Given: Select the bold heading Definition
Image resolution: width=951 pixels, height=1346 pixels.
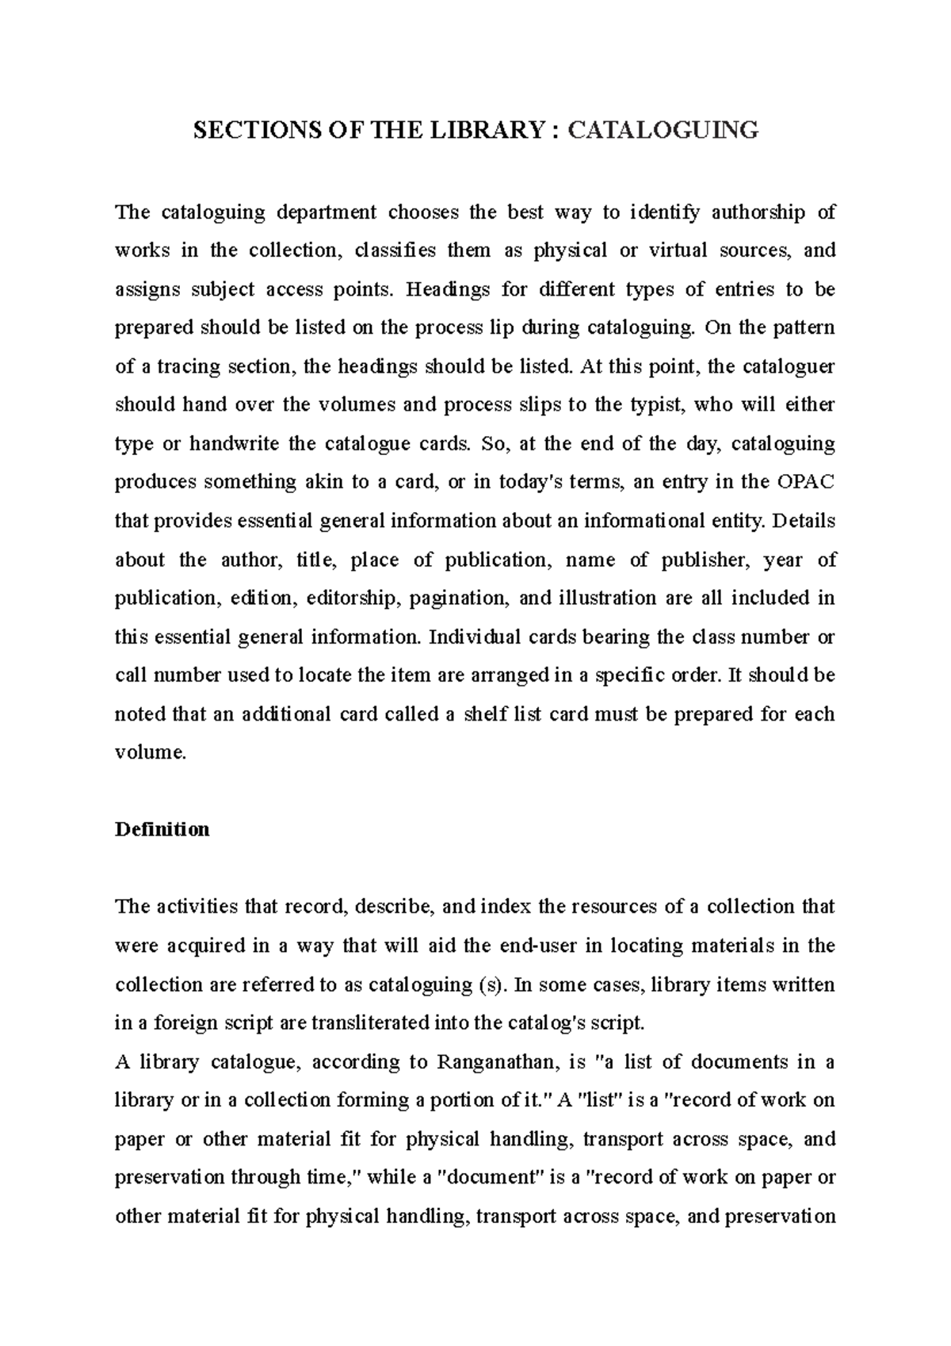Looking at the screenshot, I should (x=162, y=829).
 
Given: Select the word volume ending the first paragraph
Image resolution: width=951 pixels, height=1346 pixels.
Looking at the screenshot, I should (x=149, y=753).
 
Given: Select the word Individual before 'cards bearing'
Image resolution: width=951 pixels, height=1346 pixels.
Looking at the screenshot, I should (x=474, y=637).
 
